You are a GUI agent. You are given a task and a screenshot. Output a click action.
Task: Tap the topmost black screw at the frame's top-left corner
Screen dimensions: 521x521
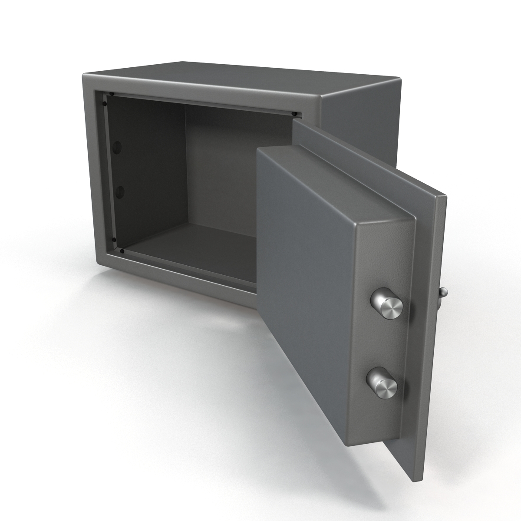click(x=112, y=94)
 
